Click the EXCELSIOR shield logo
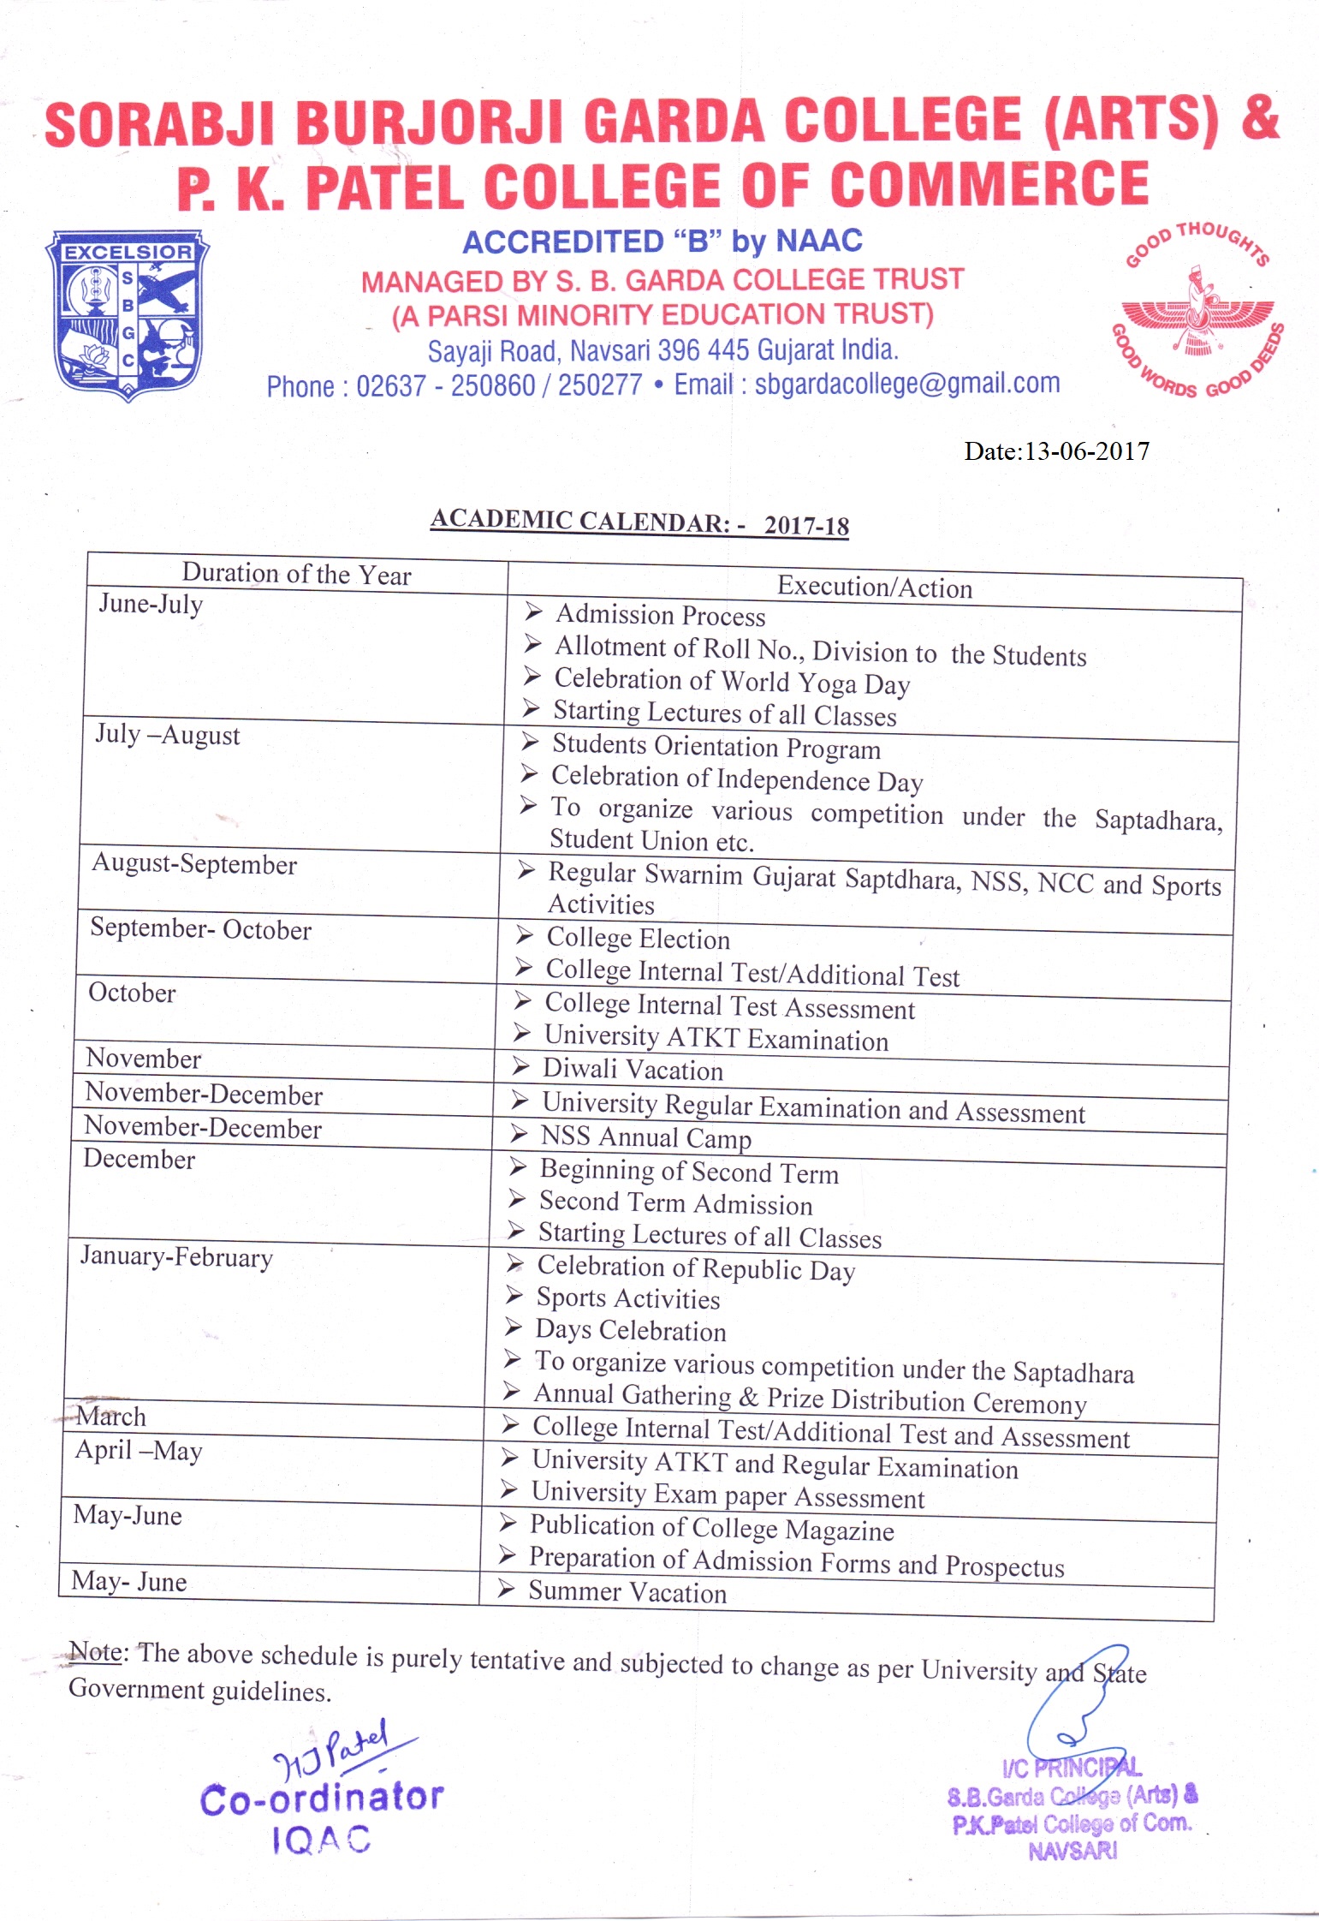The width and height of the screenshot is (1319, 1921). coord(128,314)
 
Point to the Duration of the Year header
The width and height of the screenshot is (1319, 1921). coord(296,574)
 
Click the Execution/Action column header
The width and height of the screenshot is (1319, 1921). coord(874,588)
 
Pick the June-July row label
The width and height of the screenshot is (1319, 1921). coord(151,604)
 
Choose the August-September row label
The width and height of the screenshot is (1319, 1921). coord(194,864)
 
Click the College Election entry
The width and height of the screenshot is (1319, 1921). coord(638,939)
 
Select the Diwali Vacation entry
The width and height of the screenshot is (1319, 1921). coord(633,1070)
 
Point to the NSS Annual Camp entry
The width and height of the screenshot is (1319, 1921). coord(645,1137)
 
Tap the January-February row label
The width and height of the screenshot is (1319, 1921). coord(176,1257)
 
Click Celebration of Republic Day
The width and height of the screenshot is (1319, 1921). coord(695,1268)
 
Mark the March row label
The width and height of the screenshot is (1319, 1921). coord(111,1417)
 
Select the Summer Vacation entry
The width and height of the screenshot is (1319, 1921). coord(627,1592)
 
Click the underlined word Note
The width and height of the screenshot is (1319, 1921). coord(95,1652)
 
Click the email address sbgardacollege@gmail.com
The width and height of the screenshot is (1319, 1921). coord(907,383)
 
